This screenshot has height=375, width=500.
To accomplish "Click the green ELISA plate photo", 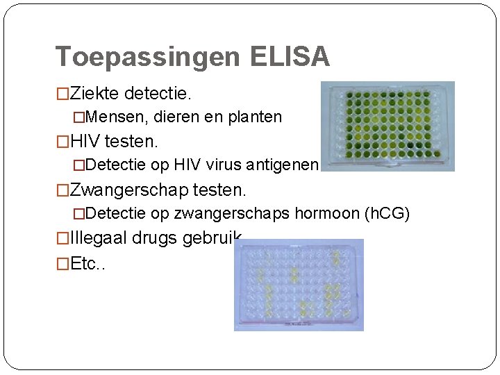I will point(387,126).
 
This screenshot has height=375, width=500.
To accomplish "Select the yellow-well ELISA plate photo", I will point(299,285).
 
